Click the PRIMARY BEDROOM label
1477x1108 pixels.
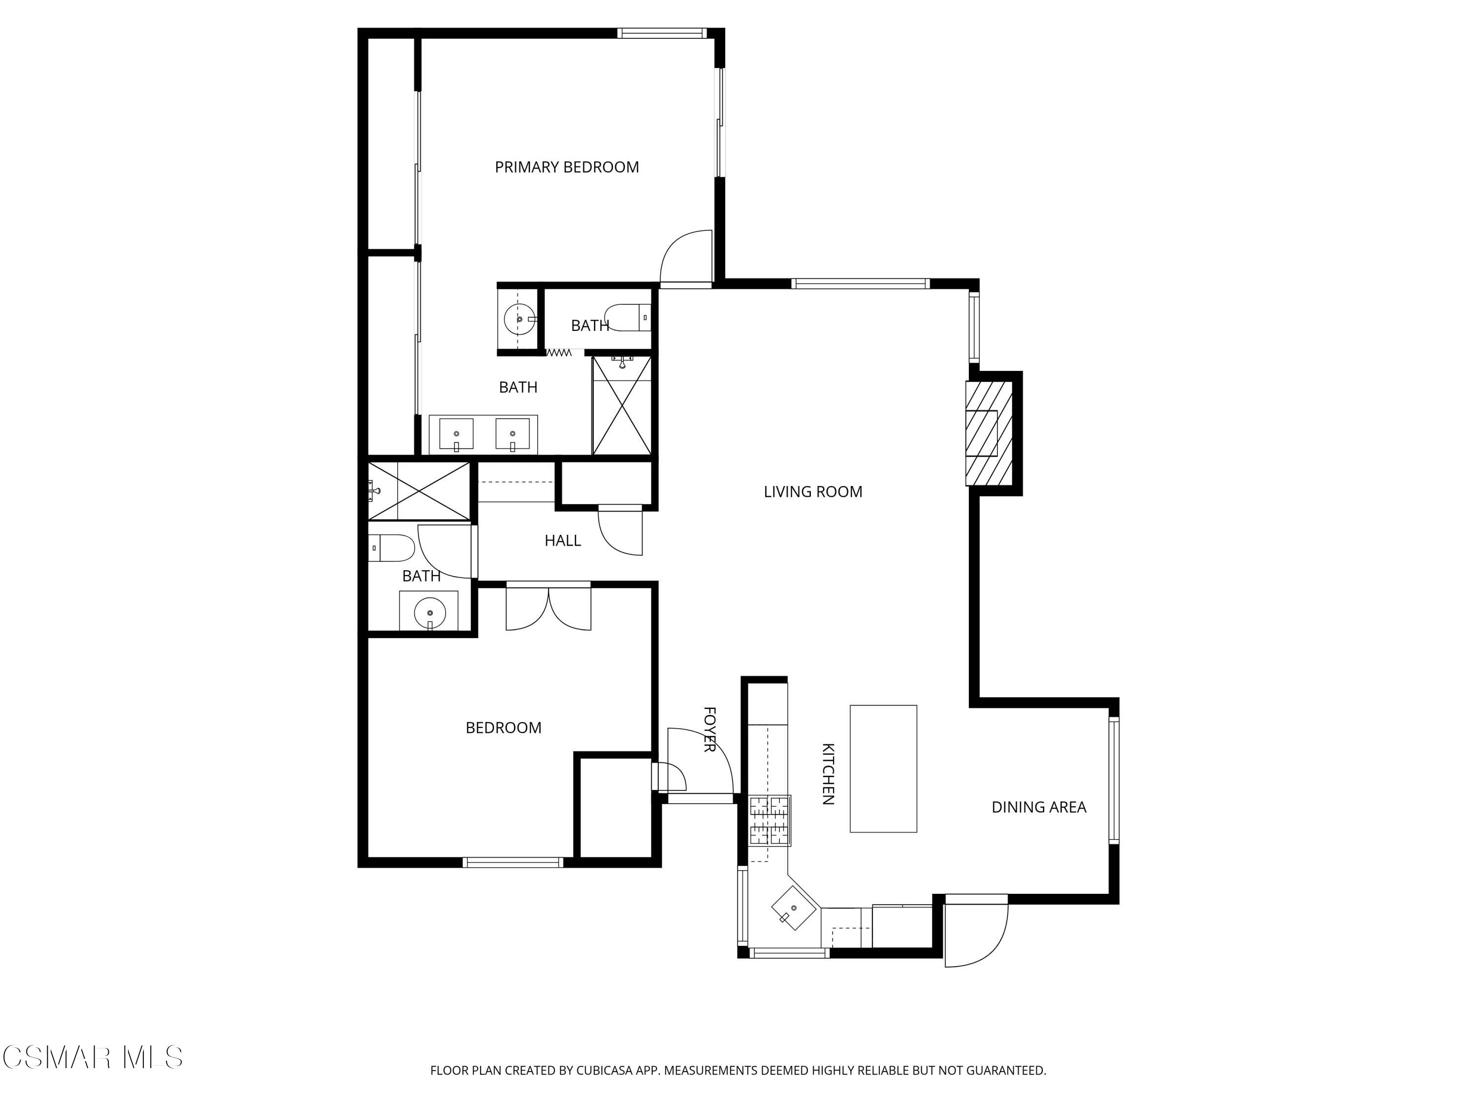[566, 167]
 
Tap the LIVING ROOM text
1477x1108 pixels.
[813, 491]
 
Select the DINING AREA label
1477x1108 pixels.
[1038, 807]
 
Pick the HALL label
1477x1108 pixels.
[562, 540]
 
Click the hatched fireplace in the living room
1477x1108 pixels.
[989, 433]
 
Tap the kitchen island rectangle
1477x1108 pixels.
[883, 768]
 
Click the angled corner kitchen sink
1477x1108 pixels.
[794, 908]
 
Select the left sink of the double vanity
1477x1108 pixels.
[456, 434]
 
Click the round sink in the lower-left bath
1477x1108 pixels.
[429, 612]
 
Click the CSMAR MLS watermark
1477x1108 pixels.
[92, 1057]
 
